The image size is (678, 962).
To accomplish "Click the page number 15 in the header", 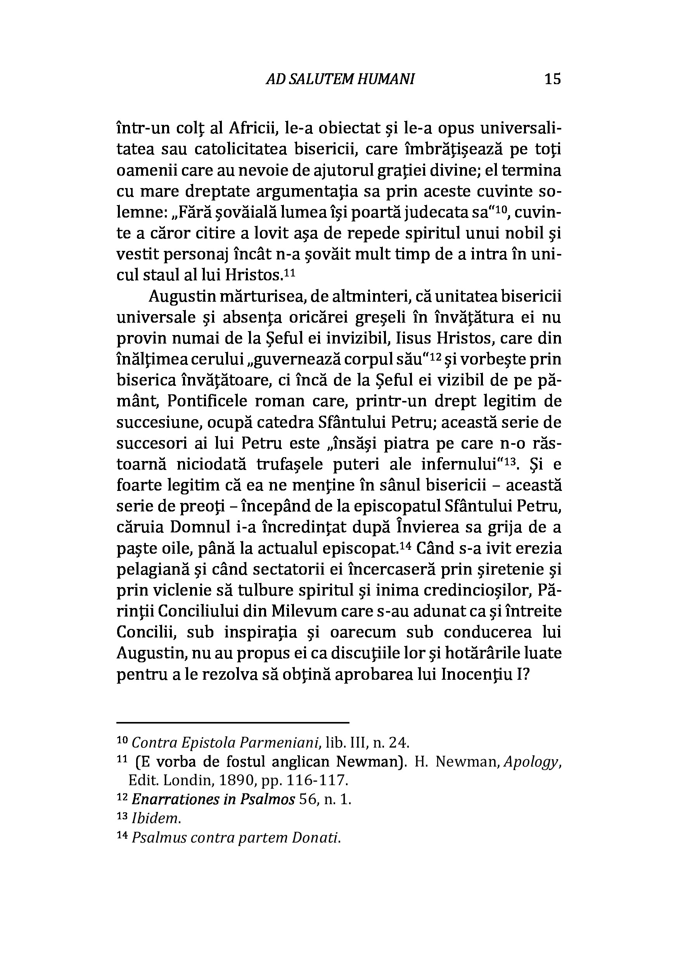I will click(x=552, y=79).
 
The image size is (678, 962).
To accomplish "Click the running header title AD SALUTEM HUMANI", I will click(x=340, y=79).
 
